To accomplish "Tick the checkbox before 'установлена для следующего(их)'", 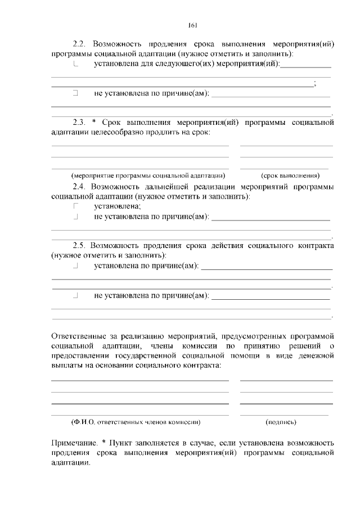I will tap(75, 64).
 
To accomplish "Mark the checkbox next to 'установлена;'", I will tap(75, 206).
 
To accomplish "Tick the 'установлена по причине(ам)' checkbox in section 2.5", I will tap(75, 265).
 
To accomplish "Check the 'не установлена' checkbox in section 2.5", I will tap(75, 295).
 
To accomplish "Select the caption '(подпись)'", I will tap(281, 421).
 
